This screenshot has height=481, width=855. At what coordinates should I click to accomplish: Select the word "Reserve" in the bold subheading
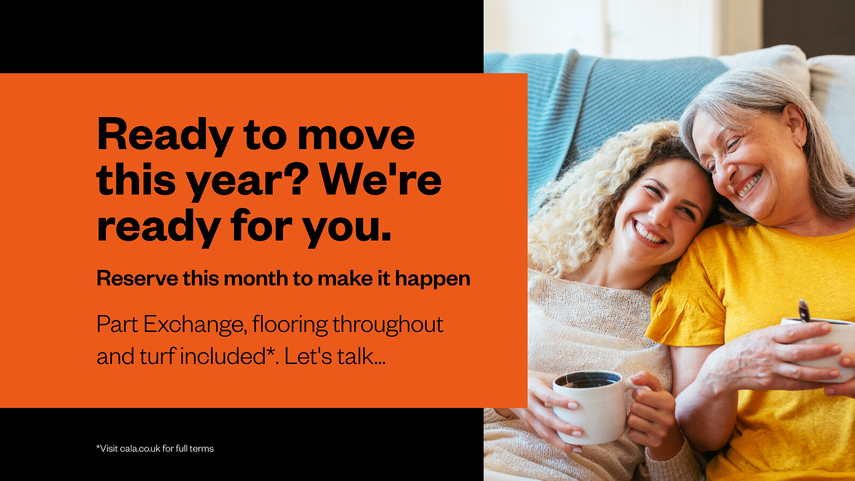coord(137,278)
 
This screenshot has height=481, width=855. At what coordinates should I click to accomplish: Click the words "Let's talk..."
coord(335,356)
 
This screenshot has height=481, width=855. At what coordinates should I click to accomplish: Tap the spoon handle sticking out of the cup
coord(804,311)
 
